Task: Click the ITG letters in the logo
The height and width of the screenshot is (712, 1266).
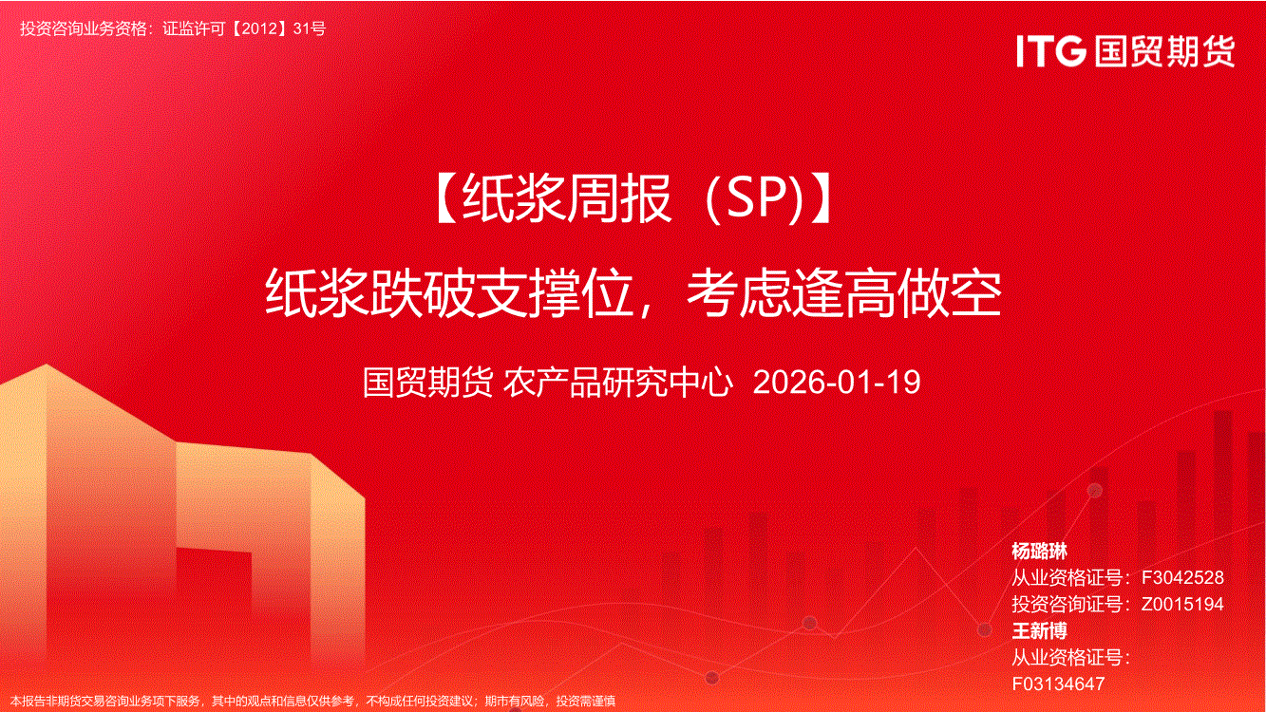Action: point(1049,51)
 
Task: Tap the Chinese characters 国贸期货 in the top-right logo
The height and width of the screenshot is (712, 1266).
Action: point(1164,51)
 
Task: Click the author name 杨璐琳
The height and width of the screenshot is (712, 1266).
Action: point(1040,552)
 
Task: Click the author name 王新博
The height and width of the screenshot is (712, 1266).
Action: point(1040,630)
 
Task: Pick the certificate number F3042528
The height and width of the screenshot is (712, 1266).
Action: point(1182,577)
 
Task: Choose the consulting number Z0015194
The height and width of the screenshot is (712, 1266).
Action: point(1182,604)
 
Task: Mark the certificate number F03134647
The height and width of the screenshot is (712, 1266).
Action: point(1058,684)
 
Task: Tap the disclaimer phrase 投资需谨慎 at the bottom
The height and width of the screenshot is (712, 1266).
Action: point(586,702)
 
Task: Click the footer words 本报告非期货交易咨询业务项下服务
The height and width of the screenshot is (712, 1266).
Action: point(104,702)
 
